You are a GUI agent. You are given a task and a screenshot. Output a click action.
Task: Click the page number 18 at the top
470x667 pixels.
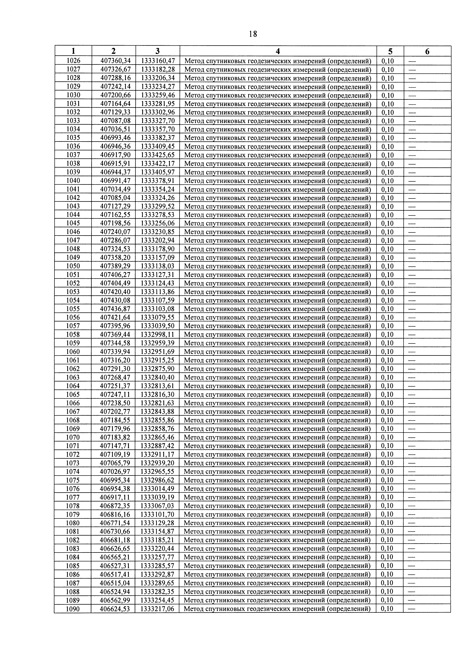[x=253, y=34]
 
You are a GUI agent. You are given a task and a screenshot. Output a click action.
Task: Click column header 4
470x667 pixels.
[x=278, y=51]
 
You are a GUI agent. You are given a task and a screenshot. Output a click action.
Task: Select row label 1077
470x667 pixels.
[x=73, y=497]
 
